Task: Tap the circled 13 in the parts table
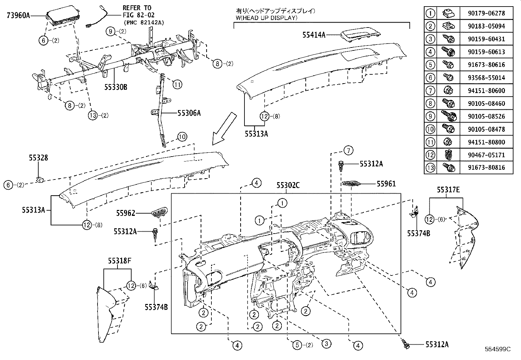(x=431, y=168)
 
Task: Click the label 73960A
(x=18, y=15)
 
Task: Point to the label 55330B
(x=116, y=87)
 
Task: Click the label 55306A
(x=189, y=113)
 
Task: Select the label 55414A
(x=314, y=35)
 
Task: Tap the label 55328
(x=38, y=158)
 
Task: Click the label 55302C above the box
(x=288, y=185)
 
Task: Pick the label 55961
(x=386, y=184)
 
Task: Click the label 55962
(x=125, y=213)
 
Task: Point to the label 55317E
(x=448, y=190)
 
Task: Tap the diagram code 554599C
(x=498, y=349)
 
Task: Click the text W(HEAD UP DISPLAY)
(x=266, y=18)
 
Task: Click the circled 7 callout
(x=349, y=151)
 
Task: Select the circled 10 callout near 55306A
(x=182, y=137)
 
